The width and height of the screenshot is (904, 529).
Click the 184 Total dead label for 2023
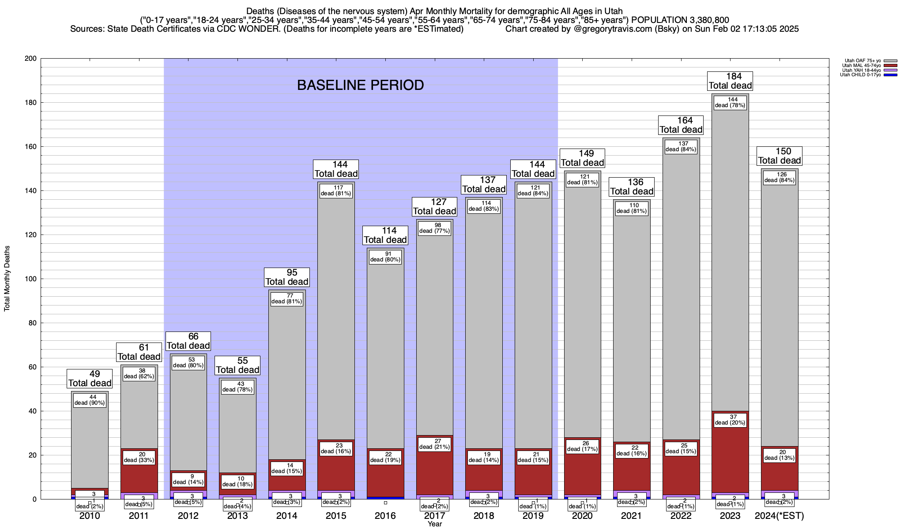(x=730, y=81)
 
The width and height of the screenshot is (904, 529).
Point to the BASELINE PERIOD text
(x=360, y=85)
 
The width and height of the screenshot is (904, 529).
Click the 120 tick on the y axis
(x=30, y=235)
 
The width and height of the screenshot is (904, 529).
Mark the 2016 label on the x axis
(x=385, y=516)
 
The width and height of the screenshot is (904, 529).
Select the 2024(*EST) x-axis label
(x=780, y=516)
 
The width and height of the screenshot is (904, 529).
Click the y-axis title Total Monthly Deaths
(x=7, y=279)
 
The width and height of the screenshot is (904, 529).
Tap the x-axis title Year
(x=435, y=524)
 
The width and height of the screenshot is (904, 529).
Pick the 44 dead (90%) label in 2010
(x=90, y=400)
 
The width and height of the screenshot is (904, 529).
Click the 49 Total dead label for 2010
(x=90, y=379)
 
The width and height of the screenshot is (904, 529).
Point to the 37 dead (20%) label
(x=730, y=420)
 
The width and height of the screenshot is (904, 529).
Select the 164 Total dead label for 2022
(x=681, y=125)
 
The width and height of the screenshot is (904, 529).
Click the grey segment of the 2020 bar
(x=582, y=309)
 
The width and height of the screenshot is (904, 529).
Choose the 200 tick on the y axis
(x=30, y=59)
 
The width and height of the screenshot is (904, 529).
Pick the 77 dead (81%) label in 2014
(x=286, y=299)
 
